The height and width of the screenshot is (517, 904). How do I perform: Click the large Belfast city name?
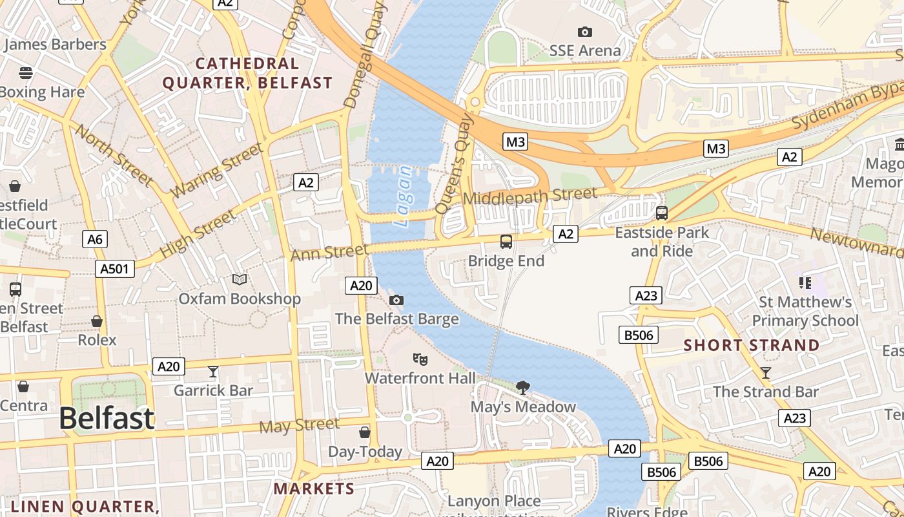pos(107,419)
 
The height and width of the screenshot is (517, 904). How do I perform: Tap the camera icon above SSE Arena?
pos(584,32)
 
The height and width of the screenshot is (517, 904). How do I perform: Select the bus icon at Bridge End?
pos(506,242)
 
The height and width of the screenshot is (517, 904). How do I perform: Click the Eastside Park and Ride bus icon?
pos(661,213)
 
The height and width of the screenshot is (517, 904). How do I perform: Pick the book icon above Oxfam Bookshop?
pos(240,279)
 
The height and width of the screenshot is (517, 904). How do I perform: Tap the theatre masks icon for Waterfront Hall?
pos(420,359)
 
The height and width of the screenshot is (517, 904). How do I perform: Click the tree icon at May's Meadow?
pos(523,387)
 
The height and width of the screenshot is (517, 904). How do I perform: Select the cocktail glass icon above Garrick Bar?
pos(213,372)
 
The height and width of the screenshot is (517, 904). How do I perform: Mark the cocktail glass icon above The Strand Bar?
pos(766,372)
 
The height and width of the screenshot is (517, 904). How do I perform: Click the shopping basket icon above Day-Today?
pos(365,432)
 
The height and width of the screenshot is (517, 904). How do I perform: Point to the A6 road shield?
pos(95,240)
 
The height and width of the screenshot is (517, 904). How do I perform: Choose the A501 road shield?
pos(116,269)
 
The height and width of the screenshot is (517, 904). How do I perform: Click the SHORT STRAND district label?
pos(752,345)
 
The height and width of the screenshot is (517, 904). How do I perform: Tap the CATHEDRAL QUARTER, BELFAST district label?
pos(247,73)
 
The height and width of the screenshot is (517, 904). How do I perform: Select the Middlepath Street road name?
pos(529,196)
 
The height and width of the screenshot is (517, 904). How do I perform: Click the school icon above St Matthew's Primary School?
pos(805,282)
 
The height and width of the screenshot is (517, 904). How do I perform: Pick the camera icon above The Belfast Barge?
pos(396,300)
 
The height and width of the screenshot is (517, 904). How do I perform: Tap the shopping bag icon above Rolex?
pos(97,321)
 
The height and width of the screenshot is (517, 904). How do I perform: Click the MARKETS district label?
pos(314,488)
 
